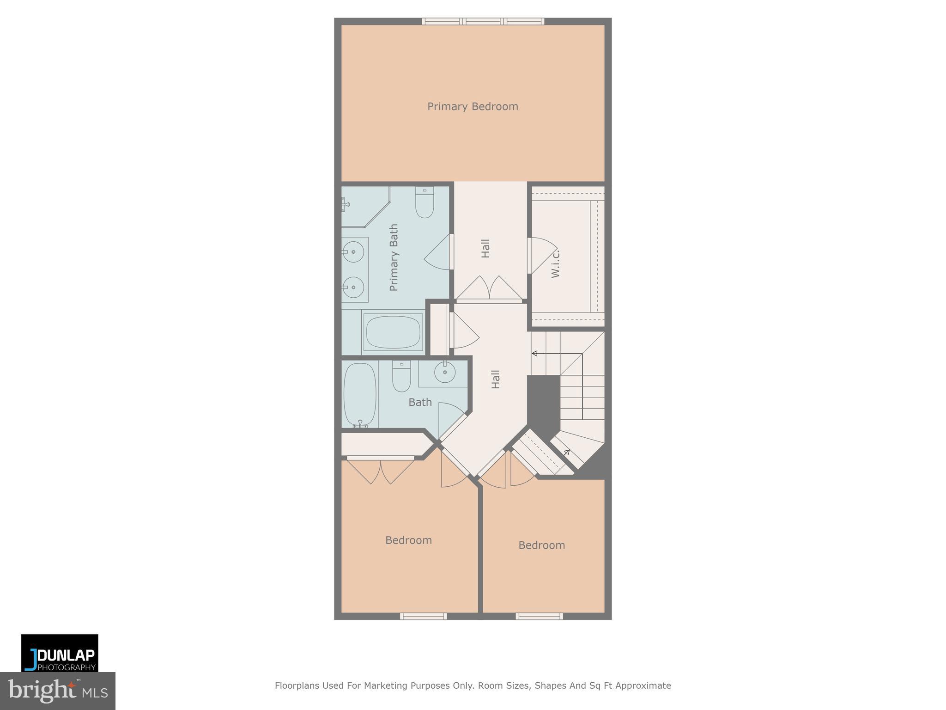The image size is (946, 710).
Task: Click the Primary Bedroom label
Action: point(473,107)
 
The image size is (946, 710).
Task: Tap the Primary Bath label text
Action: point(394,257)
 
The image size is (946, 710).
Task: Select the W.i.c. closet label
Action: point(555,263)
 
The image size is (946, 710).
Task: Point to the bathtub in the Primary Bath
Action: point(393,331)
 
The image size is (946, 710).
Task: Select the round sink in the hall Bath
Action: point(445,372)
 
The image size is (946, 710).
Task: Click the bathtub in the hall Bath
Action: point(360,395)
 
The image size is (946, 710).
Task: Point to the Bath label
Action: point(420,403)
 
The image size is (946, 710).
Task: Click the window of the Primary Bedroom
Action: point(483,21)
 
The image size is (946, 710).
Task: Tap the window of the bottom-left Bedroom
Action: point(423,616)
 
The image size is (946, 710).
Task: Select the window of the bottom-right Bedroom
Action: point(539,616)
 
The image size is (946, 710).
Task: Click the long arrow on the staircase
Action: point(556,354)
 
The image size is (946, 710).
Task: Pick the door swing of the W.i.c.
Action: point(541,256)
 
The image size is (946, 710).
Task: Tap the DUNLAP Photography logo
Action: point(60,653)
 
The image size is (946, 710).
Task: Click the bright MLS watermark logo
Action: point(57,691)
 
